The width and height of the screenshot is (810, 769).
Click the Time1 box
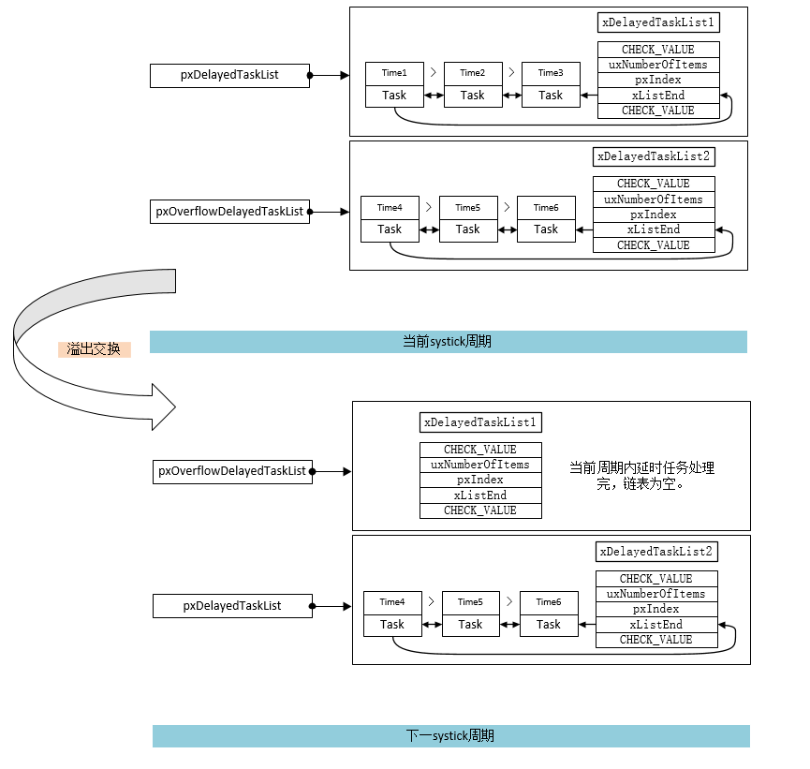click(x=394, y=73)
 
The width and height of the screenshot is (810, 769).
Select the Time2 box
click(x=473, y=73)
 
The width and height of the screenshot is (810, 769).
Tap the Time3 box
click(x=551, y=73)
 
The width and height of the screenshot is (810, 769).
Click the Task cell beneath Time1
click(x=394, y=96)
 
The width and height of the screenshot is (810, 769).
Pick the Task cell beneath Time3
click(x=551, y=96)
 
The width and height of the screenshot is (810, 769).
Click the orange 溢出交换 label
click(x=95, y=349)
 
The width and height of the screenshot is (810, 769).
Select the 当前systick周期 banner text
click(x=447, y=342)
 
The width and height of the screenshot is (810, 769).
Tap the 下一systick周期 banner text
click(x=450, y=736)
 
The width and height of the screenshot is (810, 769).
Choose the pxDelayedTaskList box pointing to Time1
click(x=229, y=75)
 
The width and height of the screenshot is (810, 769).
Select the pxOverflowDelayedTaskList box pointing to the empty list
click(x=232, y=471)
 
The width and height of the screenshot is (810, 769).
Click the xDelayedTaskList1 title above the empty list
click(x=480, y=422)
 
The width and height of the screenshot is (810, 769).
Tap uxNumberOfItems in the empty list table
click(x=480, y=465)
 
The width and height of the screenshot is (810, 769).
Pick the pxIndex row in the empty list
click(x=480, y=480)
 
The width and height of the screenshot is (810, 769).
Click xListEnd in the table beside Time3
click(x=658, y=96)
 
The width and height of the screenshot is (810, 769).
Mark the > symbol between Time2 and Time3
click(x=511, y=71)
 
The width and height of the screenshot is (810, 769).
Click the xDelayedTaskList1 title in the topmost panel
click(x=658, y=22)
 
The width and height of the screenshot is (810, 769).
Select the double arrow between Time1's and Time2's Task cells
click(x=434, y=96)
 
